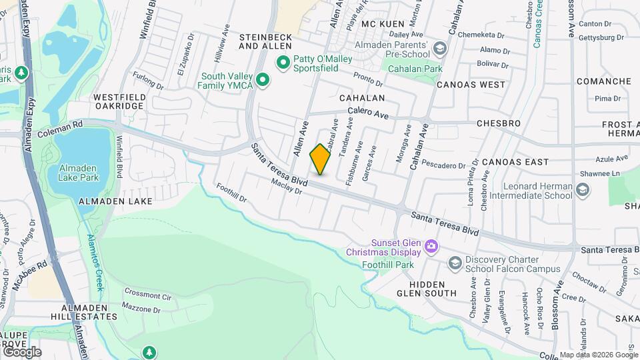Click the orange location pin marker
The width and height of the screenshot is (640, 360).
(320, 159)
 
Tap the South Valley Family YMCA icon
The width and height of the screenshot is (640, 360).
(263, 81)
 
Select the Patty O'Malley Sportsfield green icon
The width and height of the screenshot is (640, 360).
(283, 63)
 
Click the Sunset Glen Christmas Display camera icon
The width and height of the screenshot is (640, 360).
(431, 247)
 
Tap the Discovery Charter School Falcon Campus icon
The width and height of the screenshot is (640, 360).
(455, 264)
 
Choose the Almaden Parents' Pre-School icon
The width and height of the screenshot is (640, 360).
(439, 49)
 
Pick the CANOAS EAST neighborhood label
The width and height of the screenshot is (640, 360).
(515, 161)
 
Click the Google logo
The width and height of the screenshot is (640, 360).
(21, 351)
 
